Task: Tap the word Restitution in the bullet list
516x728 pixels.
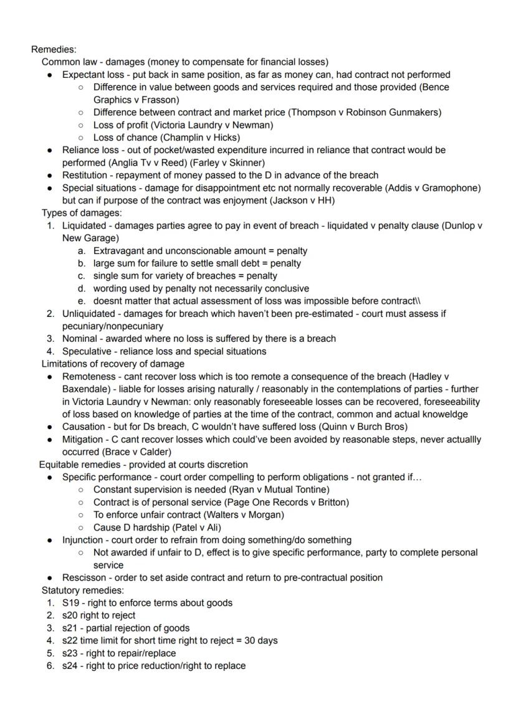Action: tap(85, 175)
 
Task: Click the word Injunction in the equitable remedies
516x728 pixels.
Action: tap(83, 540)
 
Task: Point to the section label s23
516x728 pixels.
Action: tap(69, 653)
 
